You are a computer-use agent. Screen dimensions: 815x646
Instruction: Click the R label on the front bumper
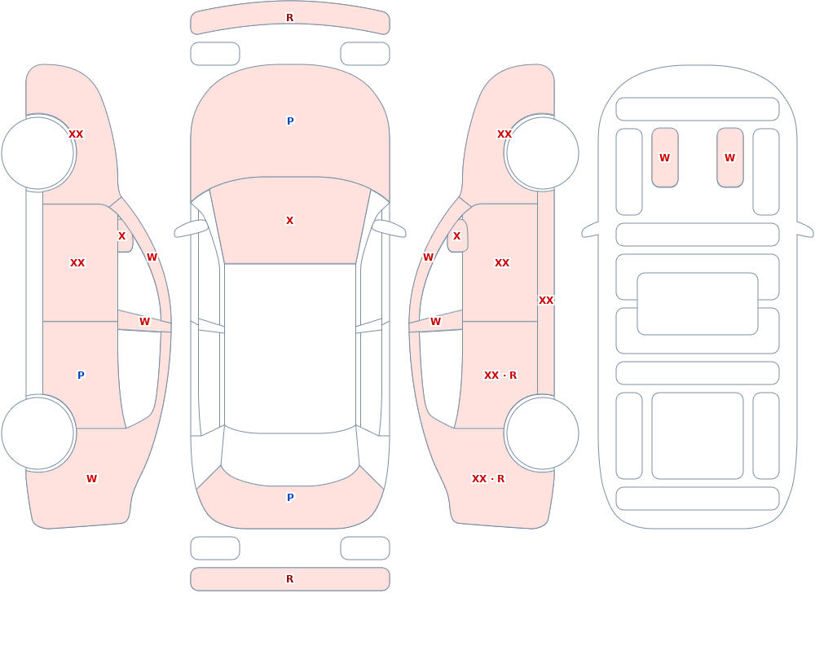289,18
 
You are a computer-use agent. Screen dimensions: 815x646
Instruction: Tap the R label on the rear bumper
289,579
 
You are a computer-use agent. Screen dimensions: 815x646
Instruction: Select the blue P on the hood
290,121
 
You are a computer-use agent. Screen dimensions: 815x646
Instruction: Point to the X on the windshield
289,221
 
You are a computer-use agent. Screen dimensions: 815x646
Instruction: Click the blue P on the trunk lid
290,498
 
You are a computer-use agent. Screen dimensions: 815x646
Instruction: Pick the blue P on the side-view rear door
81,376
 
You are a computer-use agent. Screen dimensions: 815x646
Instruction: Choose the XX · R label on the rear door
500,376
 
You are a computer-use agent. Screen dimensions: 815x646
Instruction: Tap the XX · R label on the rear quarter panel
487,479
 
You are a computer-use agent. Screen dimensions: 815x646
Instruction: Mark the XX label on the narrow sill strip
546,301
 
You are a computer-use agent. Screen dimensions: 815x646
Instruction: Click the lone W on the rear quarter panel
91,479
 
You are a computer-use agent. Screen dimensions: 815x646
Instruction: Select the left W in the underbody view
664,157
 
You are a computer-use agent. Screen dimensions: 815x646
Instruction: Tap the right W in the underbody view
729,157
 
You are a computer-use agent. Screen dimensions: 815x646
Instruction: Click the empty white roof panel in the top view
290,348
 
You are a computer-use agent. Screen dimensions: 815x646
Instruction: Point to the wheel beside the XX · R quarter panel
542,433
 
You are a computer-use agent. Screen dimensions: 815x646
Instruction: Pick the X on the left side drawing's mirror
121,236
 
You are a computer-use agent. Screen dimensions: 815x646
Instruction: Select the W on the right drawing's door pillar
435,322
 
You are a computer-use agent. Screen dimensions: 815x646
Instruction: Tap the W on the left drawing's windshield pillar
152,257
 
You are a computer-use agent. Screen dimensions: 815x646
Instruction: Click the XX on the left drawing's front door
77,263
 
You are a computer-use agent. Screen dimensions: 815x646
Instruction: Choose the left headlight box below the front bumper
215,54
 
